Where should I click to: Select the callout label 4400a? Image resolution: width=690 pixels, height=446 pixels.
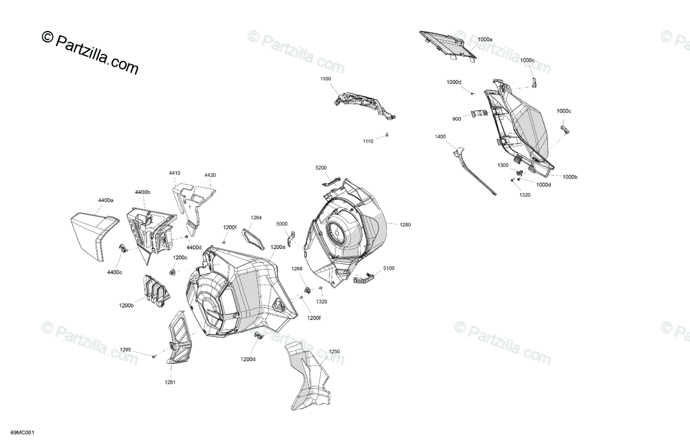(x=105, y=200)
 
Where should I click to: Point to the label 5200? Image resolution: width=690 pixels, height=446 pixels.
(x=321, y=168)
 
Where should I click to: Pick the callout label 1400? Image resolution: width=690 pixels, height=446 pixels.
(x=440, y=137)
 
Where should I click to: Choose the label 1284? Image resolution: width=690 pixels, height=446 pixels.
(x=256, y=218)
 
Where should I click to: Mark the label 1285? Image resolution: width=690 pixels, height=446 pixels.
(x=125, y=350)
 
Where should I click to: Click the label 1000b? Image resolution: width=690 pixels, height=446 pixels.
(x=570, y=177)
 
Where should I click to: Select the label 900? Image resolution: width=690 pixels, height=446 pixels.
(x=457, y=119)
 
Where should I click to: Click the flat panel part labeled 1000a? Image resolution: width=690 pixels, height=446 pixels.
(x=448, y=45)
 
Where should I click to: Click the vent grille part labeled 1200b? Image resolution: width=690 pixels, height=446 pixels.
(x=154, y=290)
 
